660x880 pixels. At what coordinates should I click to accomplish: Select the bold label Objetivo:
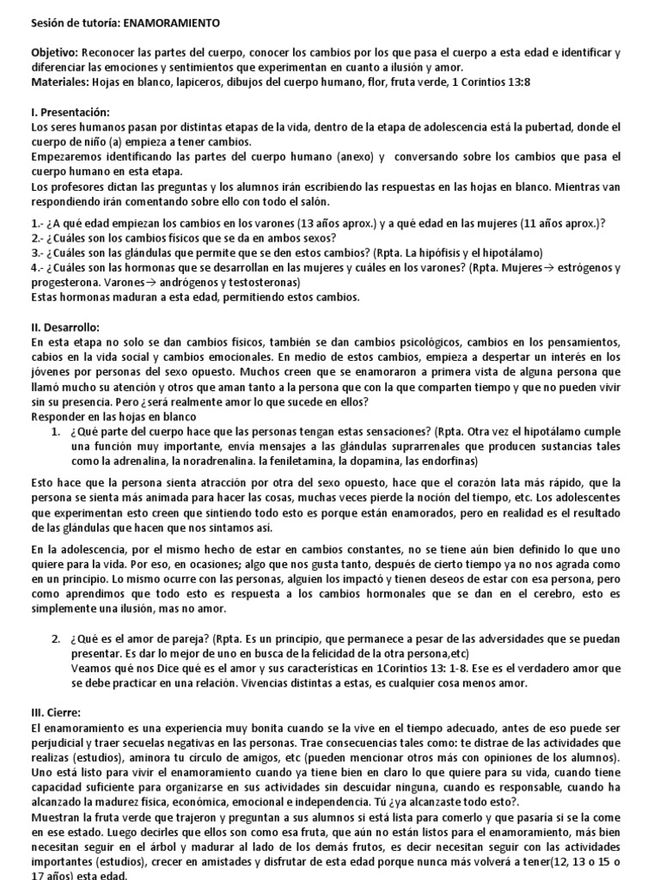pos(54,52)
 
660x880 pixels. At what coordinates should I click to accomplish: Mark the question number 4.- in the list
pos(39,267)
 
